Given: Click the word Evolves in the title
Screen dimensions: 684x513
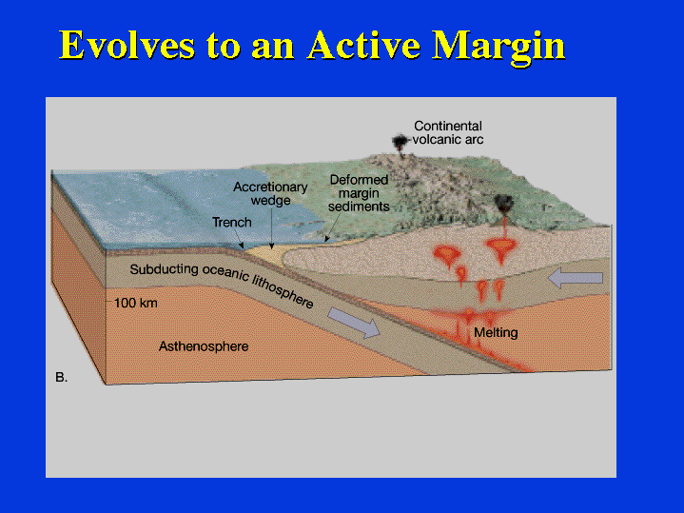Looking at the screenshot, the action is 127,45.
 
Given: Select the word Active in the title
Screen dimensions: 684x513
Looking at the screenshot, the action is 363,45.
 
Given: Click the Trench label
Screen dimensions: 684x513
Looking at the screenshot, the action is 231,222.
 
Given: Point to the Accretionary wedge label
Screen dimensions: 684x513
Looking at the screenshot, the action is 270,193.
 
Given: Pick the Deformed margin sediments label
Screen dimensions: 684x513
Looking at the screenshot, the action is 359,193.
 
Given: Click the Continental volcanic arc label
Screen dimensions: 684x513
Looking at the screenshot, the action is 448,132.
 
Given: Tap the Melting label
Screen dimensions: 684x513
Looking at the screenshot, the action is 496,333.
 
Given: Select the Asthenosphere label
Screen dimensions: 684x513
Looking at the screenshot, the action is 204,346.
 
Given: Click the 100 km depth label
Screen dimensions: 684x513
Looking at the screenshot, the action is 136,303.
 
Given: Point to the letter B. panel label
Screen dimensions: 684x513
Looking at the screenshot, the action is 62,377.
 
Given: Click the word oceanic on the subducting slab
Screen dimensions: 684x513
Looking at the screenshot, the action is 225,274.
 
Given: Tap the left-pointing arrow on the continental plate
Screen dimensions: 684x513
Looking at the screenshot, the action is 576,278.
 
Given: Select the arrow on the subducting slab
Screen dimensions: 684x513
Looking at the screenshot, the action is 354,323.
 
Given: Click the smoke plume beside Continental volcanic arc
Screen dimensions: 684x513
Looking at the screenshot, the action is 400,143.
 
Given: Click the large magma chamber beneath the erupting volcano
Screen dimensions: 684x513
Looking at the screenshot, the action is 501,248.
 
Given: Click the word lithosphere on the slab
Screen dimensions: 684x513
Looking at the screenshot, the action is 283,290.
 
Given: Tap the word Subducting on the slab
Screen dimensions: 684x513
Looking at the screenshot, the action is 164,269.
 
